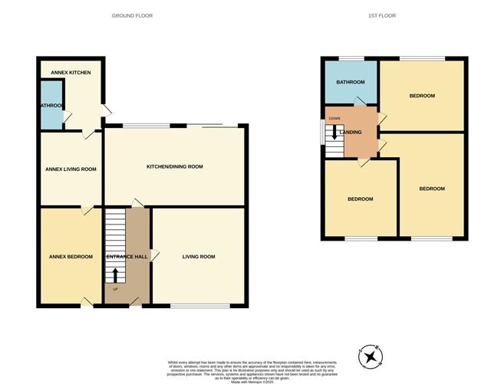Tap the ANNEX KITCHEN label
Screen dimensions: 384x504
[x=71, y=73]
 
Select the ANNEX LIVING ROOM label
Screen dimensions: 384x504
[x=71, y=169]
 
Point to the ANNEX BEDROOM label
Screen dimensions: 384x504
[x=71, y=257]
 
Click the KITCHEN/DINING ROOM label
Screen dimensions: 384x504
[x=175, y=166]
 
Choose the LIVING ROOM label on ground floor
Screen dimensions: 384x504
[x=199, y=257]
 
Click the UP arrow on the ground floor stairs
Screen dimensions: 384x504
[x=116, y=274]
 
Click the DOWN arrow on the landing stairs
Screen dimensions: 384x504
[x=334, y=132]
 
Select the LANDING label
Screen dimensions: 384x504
[x=351, y=133]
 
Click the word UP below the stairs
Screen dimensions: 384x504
[x=116, y=290]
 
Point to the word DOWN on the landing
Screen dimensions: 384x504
[x=334, y=118]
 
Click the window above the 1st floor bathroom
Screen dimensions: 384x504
[x=352, y=58]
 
